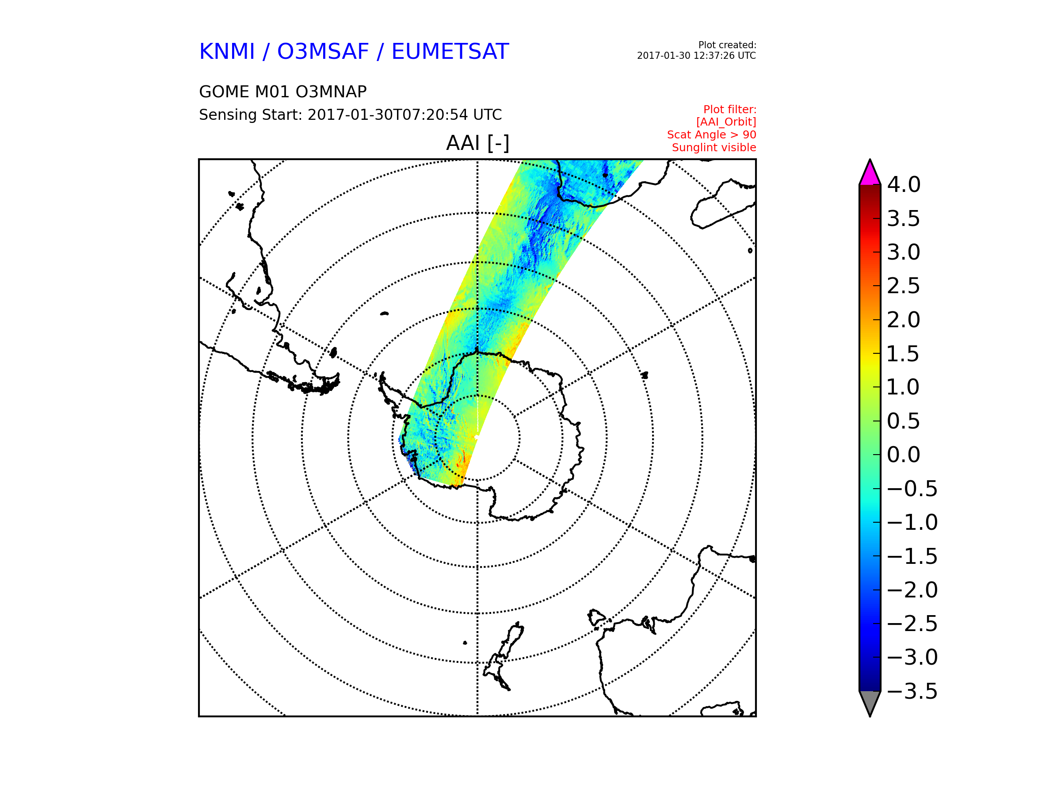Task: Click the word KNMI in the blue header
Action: (227, 51)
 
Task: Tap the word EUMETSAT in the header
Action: (450, 51)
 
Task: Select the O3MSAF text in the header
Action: (323, 51)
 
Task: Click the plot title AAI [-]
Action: (477, 143)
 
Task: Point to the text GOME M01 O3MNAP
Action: (283, 92)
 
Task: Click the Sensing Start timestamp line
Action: (350, 115)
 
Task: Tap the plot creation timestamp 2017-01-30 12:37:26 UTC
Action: (696, 56)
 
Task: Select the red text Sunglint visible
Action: (714, 148)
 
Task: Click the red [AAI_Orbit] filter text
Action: (726, 122)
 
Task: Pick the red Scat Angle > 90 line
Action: (711, 135)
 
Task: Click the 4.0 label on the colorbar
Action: (904, 185)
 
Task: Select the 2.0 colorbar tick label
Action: (904, 320)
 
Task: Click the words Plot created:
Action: (727, 45)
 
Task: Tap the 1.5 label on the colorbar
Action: (904, 354)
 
